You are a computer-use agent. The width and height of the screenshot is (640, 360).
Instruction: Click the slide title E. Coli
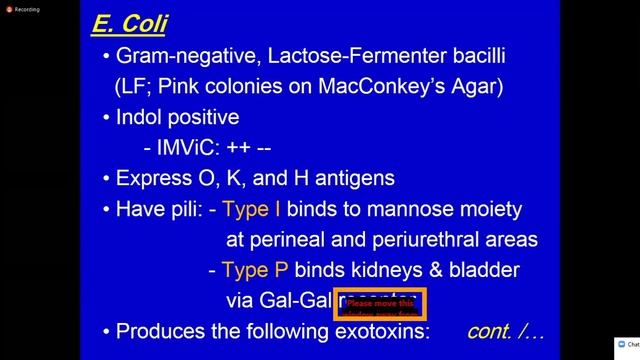[130, 22]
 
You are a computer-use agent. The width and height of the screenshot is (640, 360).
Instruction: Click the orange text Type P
[254, 270]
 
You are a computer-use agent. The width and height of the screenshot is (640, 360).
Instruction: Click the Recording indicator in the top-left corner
[21, 8]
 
